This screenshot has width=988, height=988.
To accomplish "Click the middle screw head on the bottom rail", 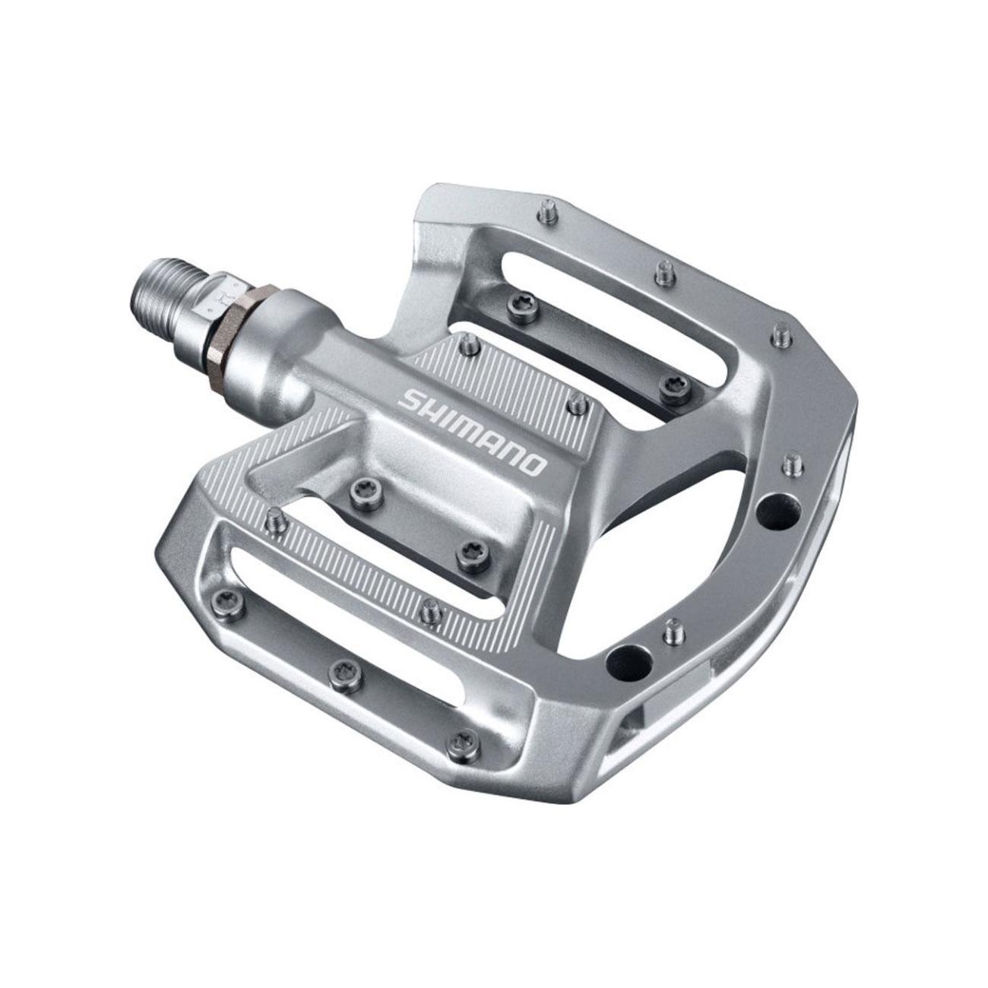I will coord(340,670).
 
